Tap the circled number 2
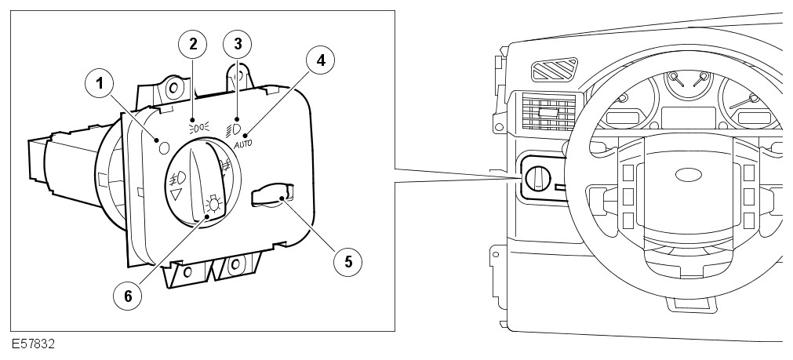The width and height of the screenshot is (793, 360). click(192, 43)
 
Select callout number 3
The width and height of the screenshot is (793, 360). click(237, 43)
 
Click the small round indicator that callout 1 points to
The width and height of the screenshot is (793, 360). click(164, 147)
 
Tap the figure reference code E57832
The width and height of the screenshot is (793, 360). click(34, 344)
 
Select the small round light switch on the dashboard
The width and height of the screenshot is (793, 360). click(538, 178)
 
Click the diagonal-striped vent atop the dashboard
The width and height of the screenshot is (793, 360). click(555, 71)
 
